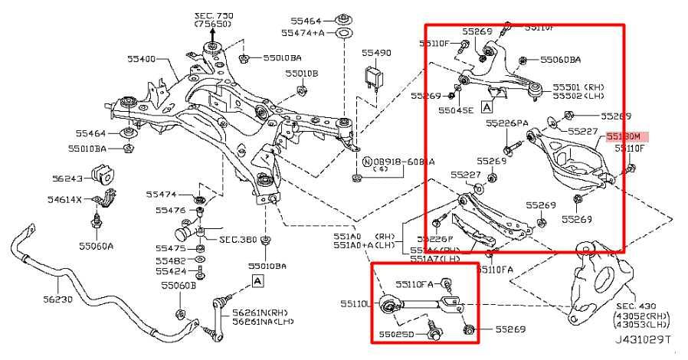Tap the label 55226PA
coord(506,123)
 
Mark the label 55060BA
coord(560,59)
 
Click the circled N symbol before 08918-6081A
coord(367,162)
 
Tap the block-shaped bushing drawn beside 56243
coord(101,175)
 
